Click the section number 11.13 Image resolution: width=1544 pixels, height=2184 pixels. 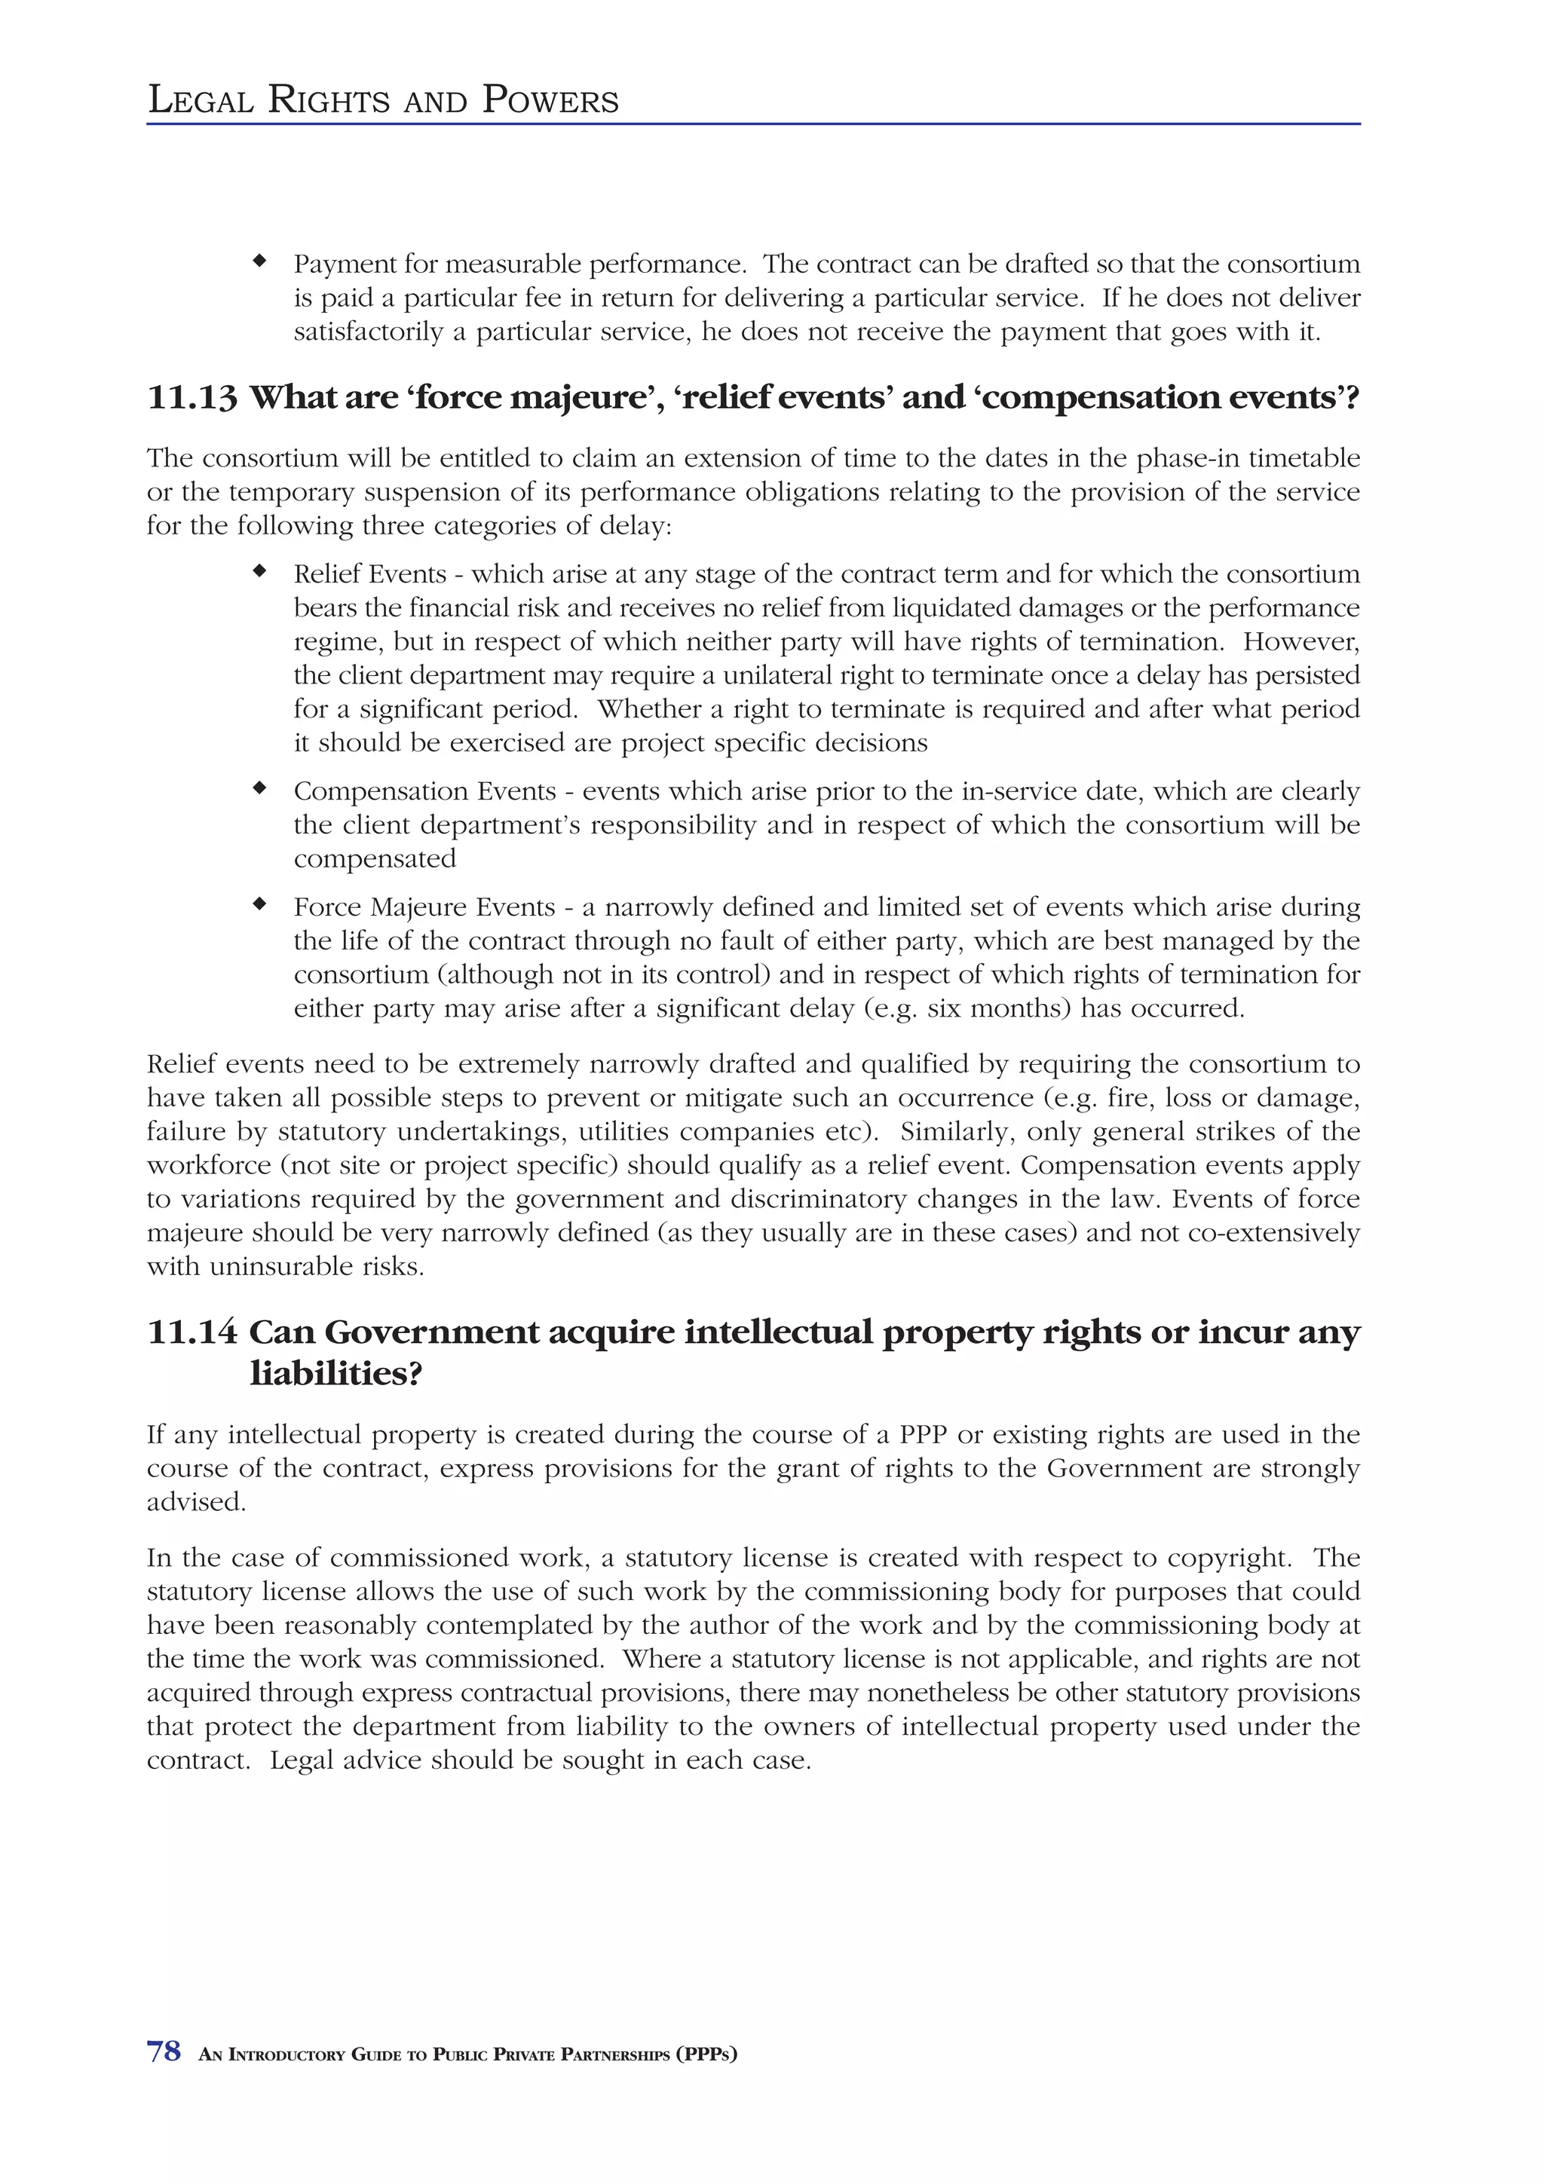(192, 398)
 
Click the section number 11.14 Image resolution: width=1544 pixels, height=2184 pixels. (192, 1332)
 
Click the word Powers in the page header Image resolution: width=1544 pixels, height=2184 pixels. (550, 100)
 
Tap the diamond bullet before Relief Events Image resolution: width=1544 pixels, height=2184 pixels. (259, 572)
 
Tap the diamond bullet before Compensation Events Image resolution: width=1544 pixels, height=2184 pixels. (259, 788)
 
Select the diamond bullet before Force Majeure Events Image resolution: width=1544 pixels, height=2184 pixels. (259, 904)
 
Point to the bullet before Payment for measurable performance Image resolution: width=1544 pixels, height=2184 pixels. (259, 261)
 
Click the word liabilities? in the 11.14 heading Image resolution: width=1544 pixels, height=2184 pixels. (335, 1375)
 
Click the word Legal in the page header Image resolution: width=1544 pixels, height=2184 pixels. (201, 100)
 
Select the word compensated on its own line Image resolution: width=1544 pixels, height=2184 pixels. (375, 859)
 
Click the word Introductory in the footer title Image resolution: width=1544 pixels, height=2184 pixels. (287, 2054)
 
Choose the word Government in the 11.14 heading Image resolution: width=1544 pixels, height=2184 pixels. (432, 1332)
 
